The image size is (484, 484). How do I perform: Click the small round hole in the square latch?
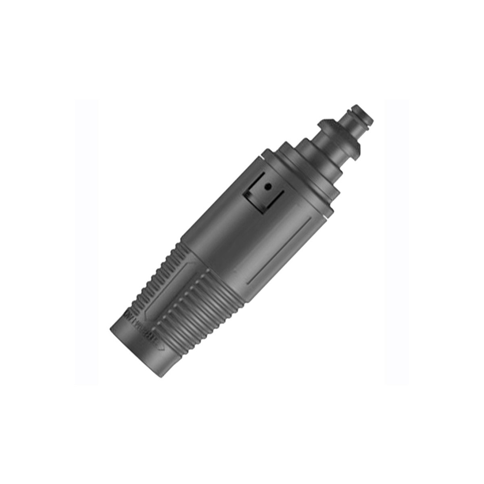267,187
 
